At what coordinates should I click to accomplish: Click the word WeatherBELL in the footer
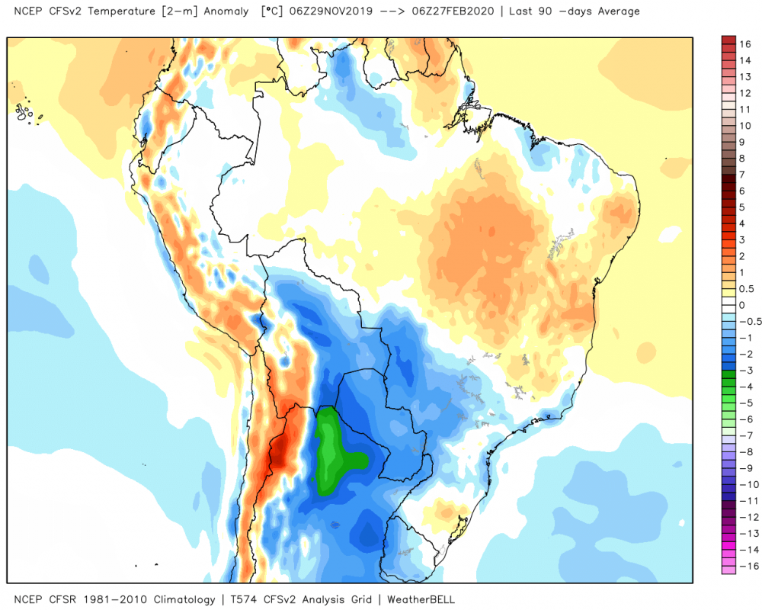click(421, 599)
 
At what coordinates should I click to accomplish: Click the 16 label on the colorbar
click(745, 45)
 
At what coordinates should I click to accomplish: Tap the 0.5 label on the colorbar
click(748, 288)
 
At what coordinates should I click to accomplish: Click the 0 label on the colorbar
click(742, 304)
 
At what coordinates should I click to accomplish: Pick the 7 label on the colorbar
click(742, 175)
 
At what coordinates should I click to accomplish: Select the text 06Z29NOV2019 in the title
click(325, 11)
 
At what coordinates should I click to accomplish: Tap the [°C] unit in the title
click(271, 11)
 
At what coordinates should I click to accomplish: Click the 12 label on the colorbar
click(745, 93)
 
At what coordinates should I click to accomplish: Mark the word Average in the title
click(616, 11)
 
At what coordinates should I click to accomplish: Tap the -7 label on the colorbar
click(745, 435)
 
